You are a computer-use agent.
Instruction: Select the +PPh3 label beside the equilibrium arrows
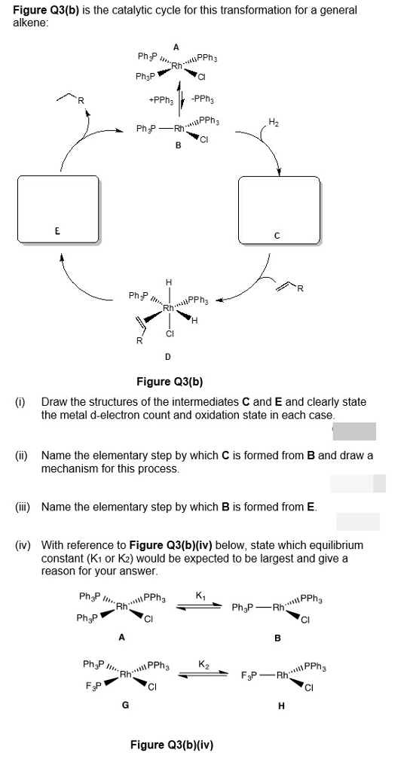click(161, 99)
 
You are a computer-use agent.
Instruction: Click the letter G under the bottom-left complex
click(126, 706)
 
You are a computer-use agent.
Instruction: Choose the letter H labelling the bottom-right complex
click(280, 706)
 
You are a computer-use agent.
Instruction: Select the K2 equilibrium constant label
click(202, 664)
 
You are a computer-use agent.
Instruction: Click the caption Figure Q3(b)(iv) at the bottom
click(172, 745)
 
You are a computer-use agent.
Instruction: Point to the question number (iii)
click(22, 507)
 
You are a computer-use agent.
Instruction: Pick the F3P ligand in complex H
click(249, 674)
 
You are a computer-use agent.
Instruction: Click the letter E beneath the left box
click(57, 232)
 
